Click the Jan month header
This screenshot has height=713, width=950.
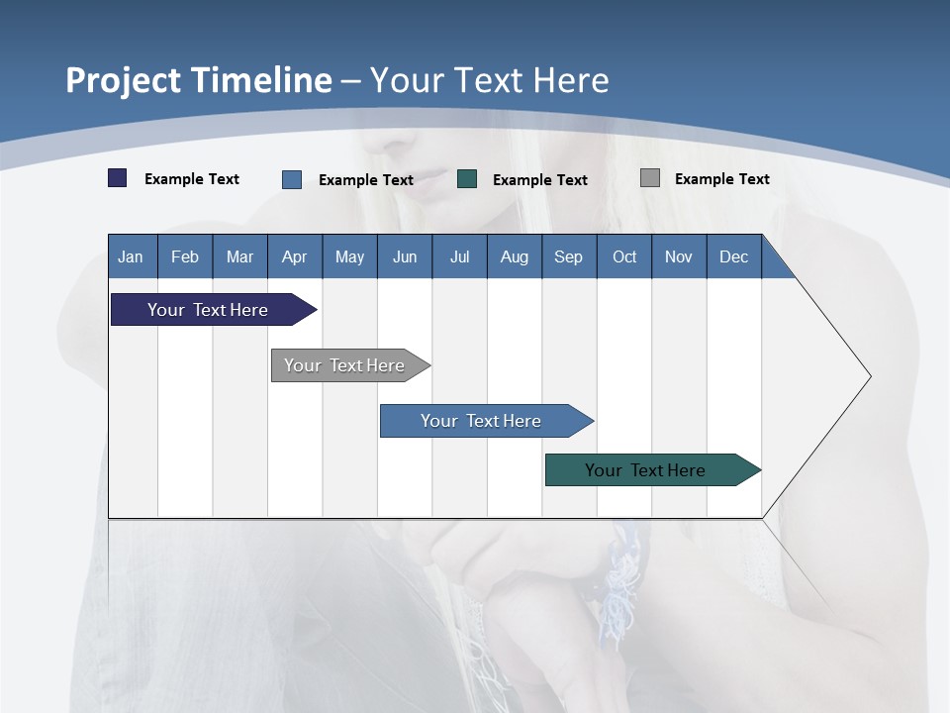point(132,256)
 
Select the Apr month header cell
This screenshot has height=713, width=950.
point(295,256)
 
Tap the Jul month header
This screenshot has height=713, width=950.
point(459,256)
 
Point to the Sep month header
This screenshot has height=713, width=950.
point(569,256)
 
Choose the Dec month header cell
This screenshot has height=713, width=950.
point(733,256)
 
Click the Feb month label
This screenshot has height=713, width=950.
point(185,256)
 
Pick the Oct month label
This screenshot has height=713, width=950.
point(624,256)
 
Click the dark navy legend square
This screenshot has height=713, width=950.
point(117,178)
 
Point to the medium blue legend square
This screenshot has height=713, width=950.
point(292,179)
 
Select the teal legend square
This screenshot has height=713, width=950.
point(467,179)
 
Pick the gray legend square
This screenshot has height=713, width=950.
point(650,178)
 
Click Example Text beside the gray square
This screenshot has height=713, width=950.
point(721,179)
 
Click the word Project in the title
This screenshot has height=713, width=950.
point(123,80)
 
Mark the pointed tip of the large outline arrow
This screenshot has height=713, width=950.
point(869,376)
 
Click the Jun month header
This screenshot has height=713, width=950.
point(405,256)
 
